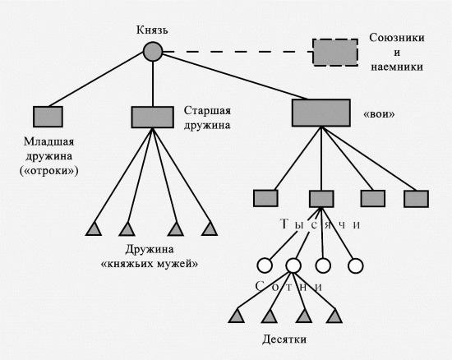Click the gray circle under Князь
pos(153,52)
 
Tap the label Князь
pos(152,30)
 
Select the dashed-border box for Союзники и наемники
pos(335,53)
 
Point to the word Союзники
pos(397,38)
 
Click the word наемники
pos(397,67)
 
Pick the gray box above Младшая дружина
pos(48,117)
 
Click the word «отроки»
pos(49,171)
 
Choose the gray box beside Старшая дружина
pos(153,117)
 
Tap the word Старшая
pos(207,111)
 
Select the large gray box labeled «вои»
pos(321,113)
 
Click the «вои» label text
pos(379,114)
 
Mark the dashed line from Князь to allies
pos(238,52)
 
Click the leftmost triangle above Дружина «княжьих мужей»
pos(94,229)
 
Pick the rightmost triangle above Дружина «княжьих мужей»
pos(210,229)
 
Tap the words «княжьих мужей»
pos(150,264)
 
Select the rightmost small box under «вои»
pos(416,199)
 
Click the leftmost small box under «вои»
pos(265,198)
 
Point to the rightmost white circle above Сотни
pos(355,265)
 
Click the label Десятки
pos(284,339)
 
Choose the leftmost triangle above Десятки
pos(237,316)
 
